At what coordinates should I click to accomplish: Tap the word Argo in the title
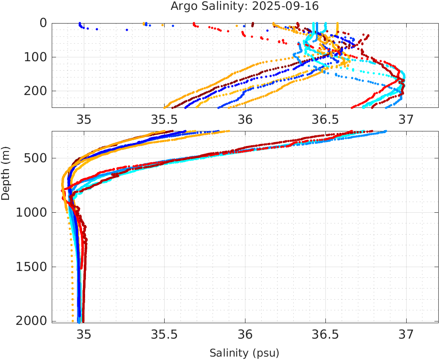[183, 6]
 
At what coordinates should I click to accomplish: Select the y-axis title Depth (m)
[6, 172]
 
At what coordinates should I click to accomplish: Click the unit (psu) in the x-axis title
[264, 353]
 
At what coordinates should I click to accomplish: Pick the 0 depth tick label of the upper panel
[43, 23]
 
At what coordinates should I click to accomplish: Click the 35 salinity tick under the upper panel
[84, 119]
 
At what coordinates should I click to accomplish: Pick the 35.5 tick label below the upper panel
[164, 119]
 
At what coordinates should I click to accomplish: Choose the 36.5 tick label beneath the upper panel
[325, 119]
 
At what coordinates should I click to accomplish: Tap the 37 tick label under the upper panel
[406, 119]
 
